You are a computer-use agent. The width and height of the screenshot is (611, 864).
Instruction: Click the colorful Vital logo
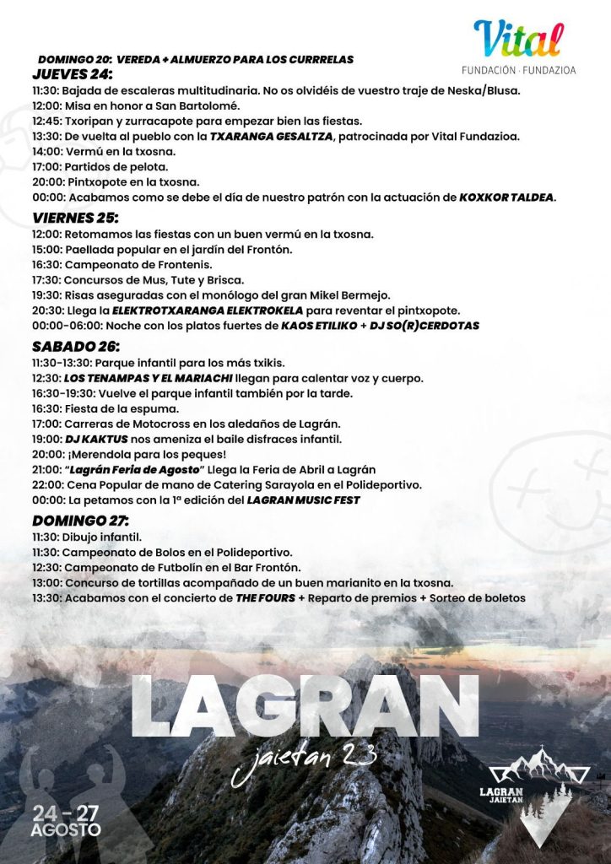tap(517, 39)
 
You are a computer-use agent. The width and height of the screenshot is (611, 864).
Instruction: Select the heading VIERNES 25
tap(74, 218)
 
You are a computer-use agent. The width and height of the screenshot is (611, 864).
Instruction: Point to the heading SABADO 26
tap(75, 347)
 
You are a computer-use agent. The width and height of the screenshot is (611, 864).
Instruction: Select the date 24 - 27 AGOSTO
tap(68, 821)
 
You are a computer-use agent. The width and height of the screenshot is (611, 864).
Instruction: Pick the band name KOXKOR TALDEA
tap(506, 197)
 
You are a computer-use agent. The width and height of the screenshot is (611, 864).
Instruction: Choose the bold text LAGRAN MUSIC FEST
tap(303, 500)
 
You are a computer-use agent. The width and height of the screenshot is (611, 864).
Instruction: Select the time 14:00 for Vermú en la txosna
tap(46, 151)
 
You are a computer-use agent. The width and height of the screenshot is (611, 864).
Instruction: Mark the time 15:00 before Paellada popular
tap(46, 250)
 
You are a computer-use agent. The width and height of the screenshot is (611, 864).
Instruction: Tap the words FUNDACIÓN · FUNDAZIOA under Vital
tap(519, 70)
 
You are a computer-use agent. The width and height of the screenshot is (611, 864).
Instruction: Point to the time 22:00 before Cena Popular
tap(46, 485)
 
